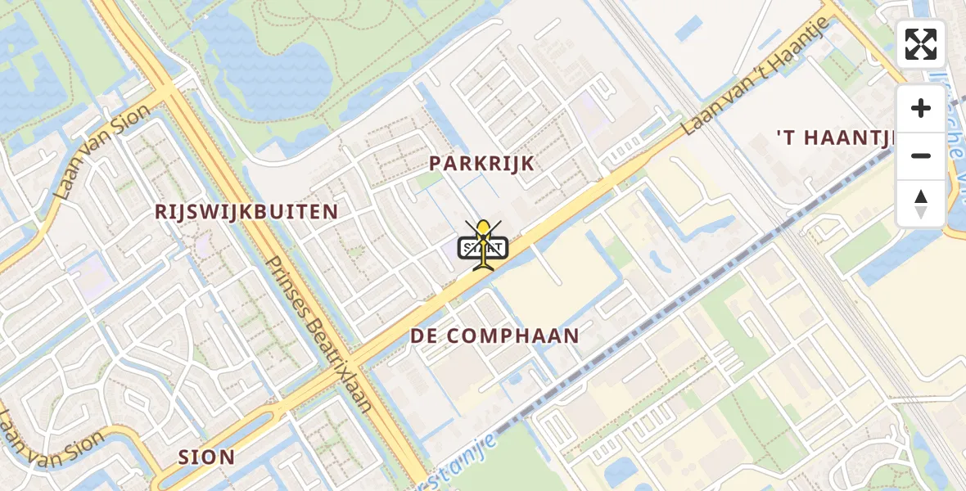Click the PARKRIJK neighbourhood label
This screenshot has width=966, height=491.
[482, 163]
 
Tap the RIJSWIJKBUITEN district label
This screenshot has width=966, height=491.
[246, 212]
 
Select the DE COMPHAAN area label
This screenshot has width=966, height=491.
[494, 336]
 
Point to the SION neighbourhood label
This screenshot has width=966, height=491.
[206, 457]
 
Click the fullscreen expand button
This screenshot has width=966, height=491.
[921, 44]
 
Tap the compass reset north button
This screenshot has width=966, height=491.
[921, 203]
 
